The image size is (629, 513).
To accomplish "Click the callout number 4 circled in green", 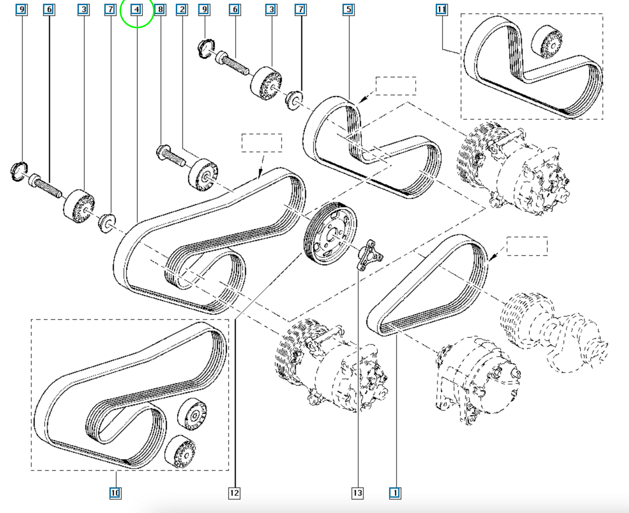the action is click(136, 10).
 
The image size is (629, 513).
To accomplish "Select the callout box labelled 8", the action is click(160, 10).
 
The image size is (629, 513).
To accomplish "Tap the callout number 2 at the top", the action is click(182, 10).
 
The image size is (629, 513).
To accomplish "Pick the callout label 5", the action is click(349, 10).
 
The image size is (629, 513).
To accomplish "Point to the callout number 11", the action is click(441, 10).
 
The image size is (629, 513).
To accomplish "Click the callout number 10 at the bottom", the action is click(115, 493).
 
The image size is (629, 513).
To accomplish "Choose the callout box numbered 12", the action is click(234, 493).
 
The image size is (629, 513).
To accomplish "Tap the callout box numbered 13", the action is click(357, 493).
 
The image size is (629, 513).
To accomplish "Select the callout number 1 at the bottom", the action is click(395, 493).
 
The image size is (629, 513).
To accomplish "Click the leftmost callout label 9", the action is click(22, 10).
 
